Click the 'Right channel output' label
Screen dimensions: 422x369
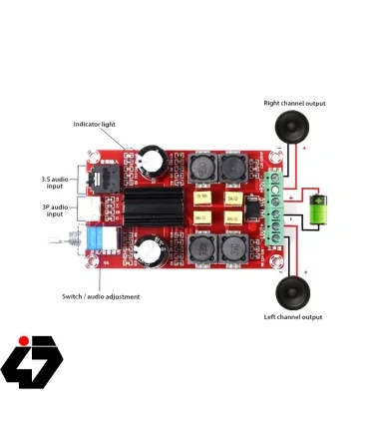click(x=294, y=103)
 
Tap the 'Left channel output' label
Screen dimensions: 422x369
click(x=292, y=316)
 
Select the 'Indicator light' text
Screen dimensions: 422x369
click(x=95, y=124)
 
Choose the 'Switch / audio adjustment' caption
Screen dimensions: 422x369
click(x=101, y=296)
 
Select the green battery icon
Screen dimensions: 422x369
click(x=319, y=211)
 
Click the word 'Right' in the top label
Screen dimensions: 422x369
click(x=272, y=103)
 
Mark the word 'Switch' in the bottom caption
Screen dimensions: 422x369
click(x=73, y=296)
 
